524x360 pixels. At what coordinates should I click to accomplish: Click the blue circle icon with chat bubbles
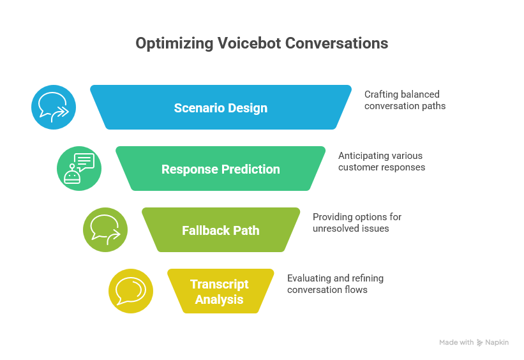(54, 107)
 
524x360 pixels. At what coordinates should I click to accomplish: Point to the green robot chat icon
(79, 169)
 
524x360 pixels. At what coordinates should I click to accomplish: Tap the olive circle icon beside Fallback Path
(105, 230)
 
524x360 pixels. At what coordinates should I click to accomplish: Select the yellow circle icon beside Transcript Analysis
(131, 291)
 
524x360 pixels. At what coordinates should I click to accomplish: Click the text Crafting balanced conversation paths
(405, 100)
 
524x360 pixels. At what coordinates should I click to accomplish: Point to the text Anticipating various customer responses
(381, 161)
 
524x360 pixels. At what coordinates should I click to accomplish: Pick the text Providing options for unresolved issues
(357, 223)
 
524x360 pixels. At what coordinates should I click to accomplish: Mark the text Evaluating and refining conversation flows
(335, 284)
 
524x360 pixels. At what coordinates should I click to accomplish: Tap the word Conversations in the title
(336, 43)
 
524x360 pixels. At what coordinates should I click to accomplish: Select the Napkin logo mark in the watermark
(479, 343)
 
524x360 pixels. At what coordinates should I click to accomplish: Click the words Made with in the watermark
(456, 343)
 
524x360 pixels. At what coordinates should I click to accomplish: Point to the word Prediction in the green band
(250, 169)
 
